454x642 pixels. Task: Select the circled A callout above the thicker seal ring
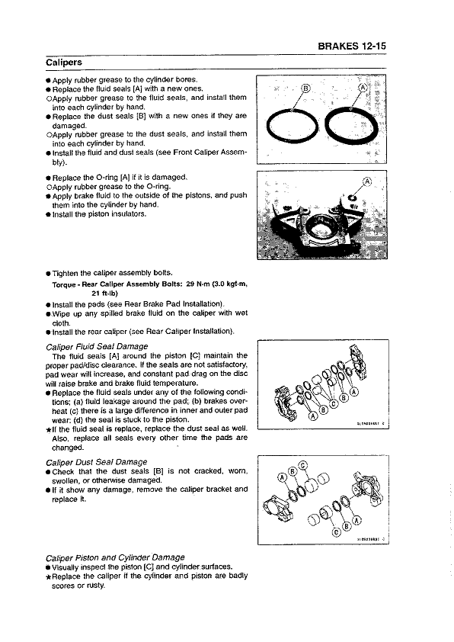(362, 88)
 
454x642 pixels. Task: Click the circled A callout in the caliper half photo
(366, 182)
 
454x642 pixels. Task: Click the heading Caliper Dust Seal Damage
(97, 462)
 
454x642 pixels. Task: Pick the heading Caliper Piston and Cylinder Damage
(115, 557)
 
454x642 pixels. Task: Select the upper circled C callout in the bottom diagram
(303, 466)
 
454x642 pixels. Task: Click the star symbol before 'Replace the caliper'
(48, 577)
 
